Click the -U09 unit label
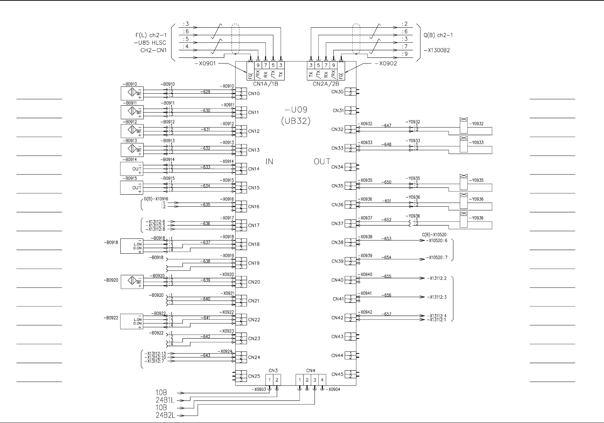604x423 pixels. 296,110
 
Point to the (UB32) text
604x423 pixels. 296,121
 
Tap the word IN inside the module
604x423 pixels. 269,162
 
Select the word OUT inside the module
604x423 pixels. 322,162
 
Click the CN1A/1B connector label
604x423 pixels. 265,84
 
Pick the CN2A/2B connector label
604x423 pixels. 326,84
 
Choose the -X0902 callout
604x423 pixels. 385,64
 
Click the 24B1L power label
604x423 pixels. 165,400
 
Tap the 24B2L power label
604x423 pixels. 165,416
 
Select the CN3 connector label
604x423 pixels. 273,370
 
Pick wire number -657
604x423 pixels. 387,314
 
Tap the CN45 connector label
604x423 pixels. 337,374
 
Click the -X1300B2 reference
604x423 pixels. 437,51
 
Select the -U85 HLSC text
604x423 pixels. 150,43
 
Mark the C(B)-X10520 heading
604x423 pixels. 434,235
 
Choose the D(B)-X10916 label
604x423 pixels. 156,199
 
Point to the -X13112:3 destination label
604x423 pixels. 436,297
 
